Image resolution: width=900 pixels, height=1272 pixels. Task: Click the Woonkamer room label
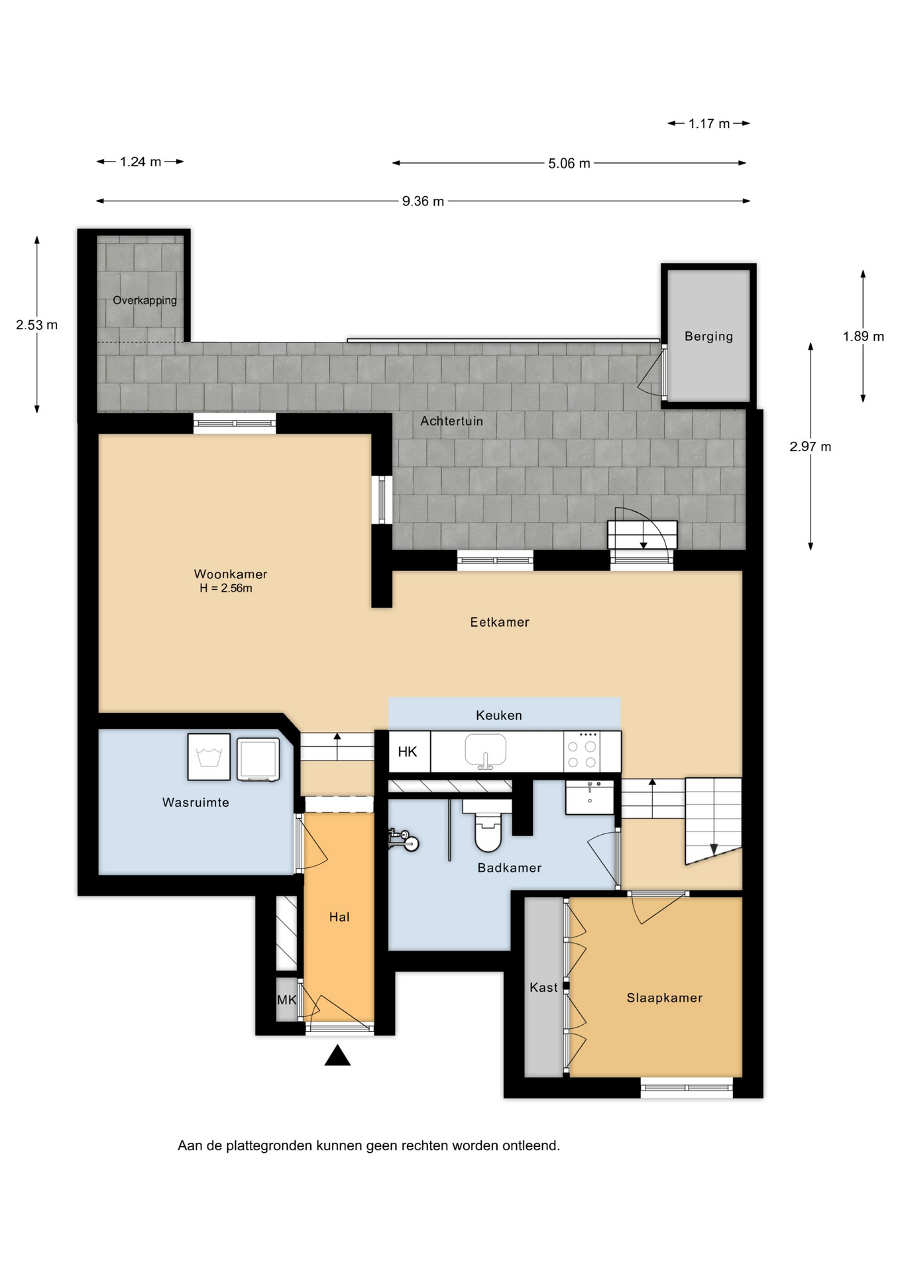[231, 574]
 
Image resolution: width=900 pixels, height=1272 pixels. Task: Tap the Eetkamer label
[500, 622]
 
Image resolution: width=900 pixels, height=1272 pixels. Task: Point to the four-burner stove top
[583, 752]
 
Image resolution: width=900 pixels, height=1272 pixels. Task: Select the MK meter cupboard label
[287, 1000]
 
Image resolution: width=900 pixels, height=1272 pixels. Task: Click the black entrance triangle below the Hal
[337, 1055]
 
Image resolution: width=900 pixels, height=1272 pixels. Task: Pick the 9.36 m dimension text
[423, 201]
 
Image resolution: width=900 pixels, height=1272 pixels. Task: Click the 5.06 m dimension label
[569, 164]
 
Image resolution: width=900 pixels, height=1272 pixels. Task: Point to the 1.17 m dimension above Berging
[709, 124]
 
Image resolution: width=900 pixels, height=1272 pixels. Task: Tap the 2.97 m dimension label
[810, 447]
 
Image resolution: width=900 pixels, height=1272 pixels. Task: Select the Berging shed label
[709, 336]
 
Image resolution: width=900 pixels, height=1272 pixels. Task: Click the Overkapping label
[144, 300]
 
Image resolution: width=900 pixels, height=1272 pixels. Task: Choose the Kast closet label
[543, 987]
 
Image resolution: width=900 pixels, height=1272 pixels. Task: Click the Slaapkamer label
[665, 998]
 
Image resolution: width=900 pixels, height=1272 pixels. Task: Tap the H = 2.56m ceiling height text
[226, 588]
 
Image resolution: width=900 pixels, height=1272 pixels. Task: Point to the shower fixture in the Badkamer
[403, 839]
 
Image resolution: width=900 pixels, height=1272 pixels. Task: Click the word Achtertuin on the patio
[452, 421]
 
